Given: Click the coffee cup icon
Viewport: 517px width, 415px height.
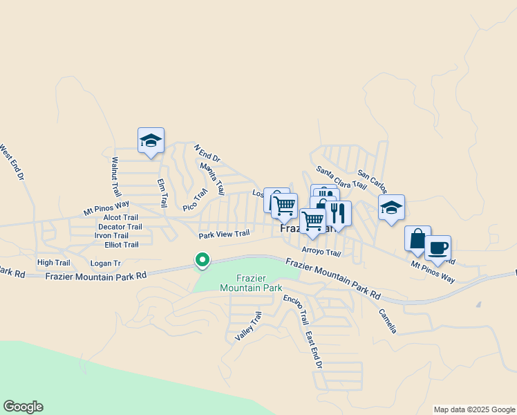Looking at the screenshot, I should pyautogui.click(x=437, y=247).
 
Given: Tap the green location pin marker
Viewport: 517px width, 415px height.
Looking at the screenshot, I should pyautogui.click(x=202, y=260).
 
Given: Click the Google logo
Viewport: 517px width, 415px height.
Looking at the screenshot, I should pyautogui.click(x=23, y=407).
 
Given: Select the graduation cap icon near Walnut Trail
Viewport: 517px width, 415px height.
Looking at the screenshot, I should pyautogui.click(x=151, y=141).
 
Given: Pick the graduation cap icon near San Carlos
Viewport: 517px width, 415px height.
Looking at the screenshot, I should pyautogui.click(x=391, y=207).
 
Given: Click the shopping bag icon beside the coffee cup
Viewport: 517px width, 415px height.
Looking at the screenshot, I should pyautogui.click(x=417, y=239).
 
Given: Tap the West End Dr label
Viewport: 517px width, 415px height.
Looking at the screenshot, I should pyautogui.click(x=11, y=163).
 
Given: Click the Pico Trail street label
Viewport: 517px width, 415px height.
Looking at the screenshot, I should pyautogui.click(x=195, y=200).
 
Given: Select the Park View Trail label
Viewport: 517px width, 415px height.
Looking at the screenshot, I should pyautogui.click(x=224, y=234).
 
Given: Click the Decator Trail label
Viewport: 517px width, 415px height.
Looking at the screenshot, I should pyautogui.click(x=120, y=226).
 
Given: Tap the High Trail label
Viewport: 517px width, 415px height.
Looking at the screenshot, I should pyautogui.click(x=54, y=263).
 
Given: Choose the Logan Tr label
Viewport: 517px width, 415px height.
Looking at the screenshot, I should pyautogui.click(x=106, y=264).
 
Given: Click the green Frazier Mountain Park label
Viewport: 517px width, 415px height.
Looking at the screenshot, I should pyautogui.click(x=251, y=282).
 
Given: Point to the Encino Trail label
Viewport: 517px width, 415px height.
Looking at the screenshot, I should pyautogui.click(x=295, y=310).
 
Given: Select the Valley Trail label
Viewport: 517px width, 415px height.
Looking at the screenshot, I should pyautogui.click(x=249, y=326).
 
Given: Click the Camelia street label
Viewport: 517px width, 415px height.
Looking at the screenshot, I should pyautogui.click(x=388, y=320).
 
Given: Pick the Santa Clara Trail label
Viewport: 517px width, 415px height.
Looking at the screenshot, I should pyautogui.click(x=341, y=177).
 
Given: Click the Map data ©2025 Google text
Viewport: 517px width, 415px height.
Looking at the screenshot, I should pyautogui.click(x=473, y=409).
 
